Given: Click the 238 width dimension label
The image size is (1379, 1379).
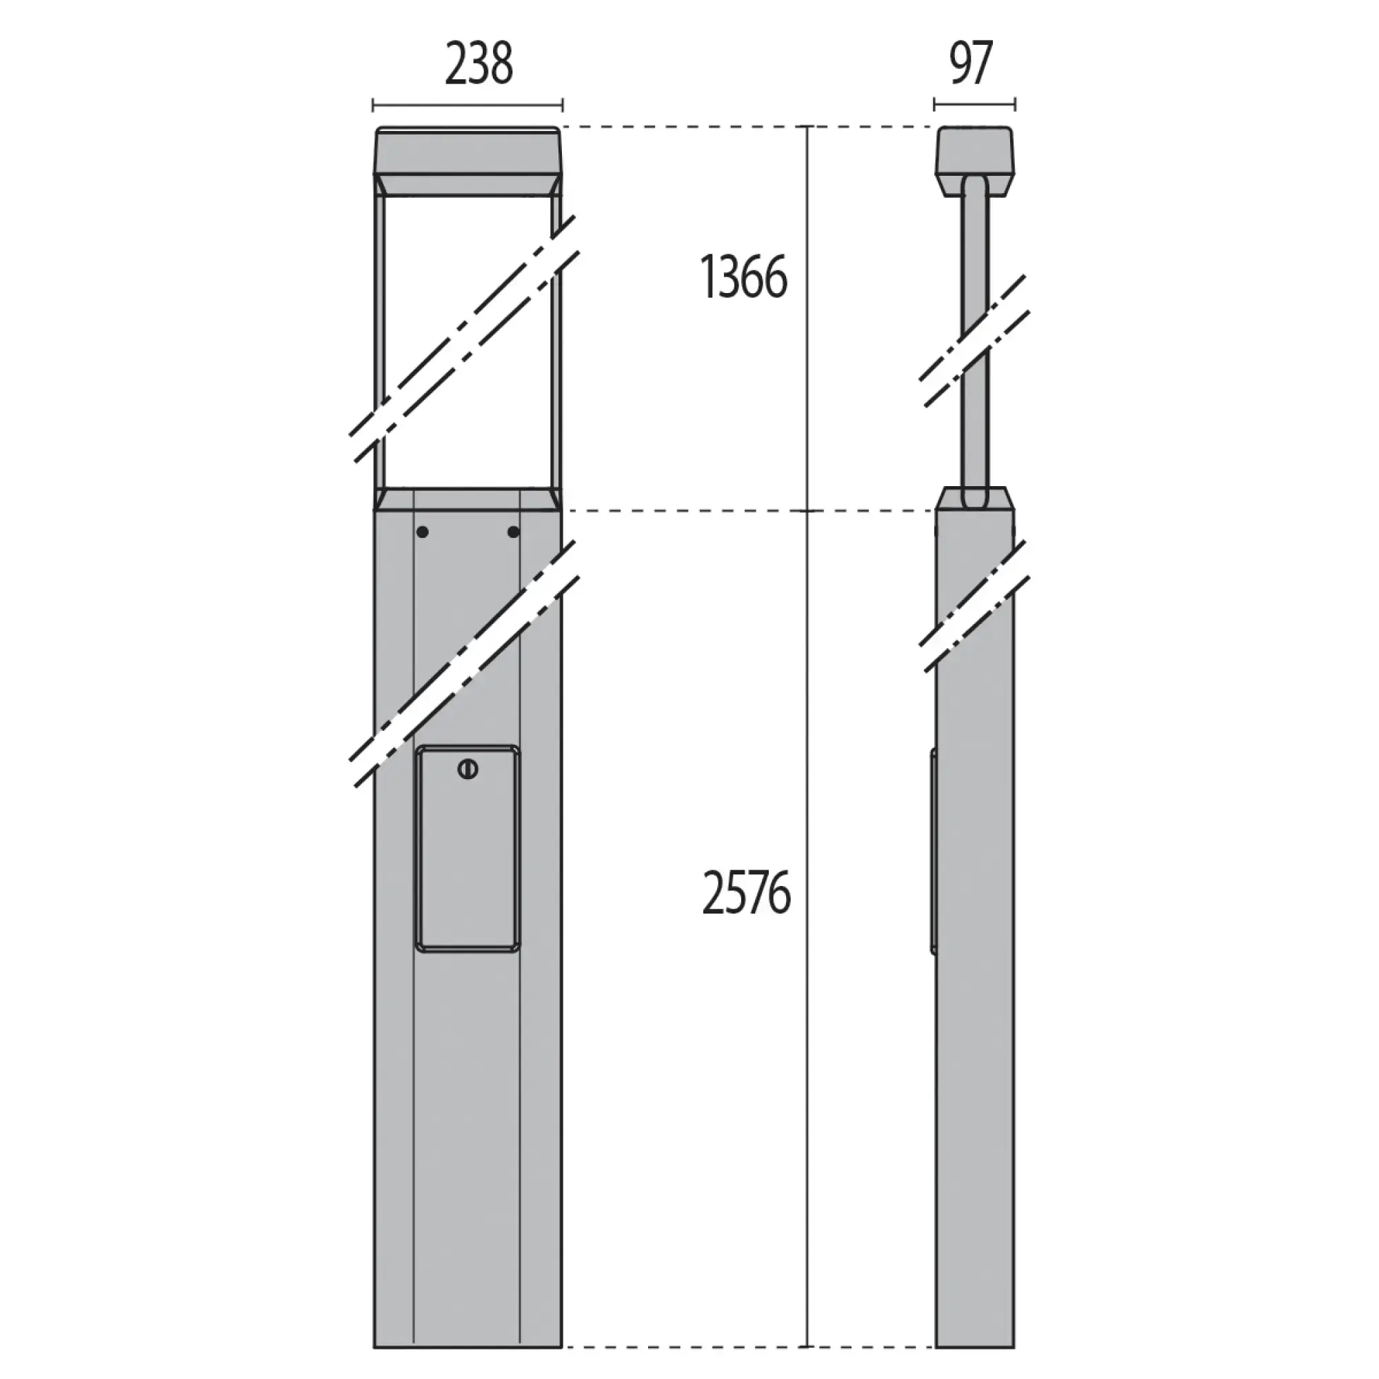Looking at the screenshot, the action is pos(479,65).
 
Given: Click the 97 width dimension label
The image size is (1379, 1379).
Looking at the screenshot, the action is pos(972,63).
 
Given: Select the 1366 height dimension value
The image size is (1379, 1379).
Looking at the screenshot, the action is pos(744,277).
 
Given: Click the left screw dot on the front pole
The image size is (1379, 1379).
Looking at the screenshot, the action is pos(423,532).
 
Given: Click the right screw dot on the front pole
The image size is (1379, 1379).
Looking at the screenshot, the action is pos(513,532).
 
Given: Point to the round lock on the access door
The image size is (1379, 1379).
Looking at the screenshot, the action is pos(467,770).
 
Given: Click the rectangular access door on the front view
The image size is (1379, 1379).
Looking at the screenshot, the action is pos(467,848).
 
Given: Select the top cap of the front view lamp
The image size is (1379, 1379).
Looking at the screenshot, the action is pos(468,150).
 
